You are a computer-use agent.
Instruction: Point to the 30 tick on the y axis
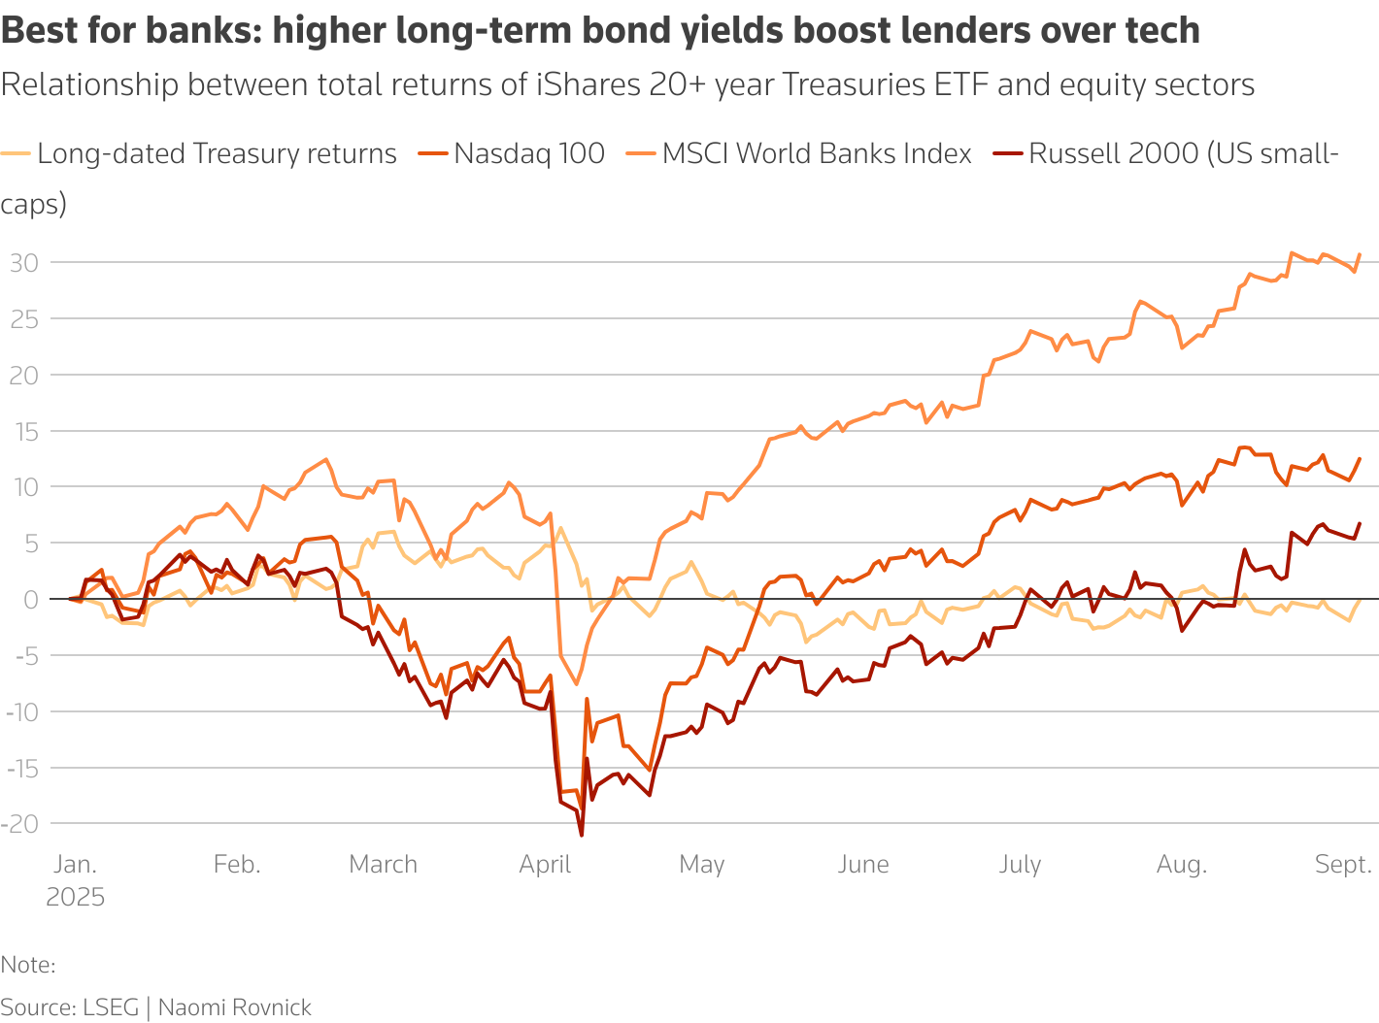24,262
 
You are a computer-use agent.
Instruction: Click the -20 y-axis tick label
20,823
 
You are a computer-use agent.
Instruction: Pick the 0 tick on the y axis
31,599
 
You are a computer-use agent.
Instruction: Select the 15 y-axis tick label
24,430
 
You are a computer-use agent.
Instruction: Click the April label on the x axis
545,864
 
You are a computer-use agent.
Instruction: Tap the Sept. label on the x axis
1343,864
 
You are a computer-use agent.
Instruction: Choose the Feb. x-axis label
237,864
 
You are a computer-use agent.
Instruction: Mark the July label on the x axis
1020,864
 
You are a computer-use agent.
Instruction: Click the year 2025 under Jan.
75,897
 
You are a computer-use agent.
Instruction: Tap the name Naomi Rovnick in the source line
234,1007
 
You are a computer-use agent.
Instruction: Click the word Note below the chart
27,965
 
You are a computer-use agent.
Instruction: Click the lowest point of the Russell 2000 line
581,836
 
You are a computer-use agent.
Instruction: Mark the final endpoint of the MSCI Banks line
1359,254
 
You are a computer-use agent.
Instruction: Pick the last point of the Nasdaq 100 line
1359,458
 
